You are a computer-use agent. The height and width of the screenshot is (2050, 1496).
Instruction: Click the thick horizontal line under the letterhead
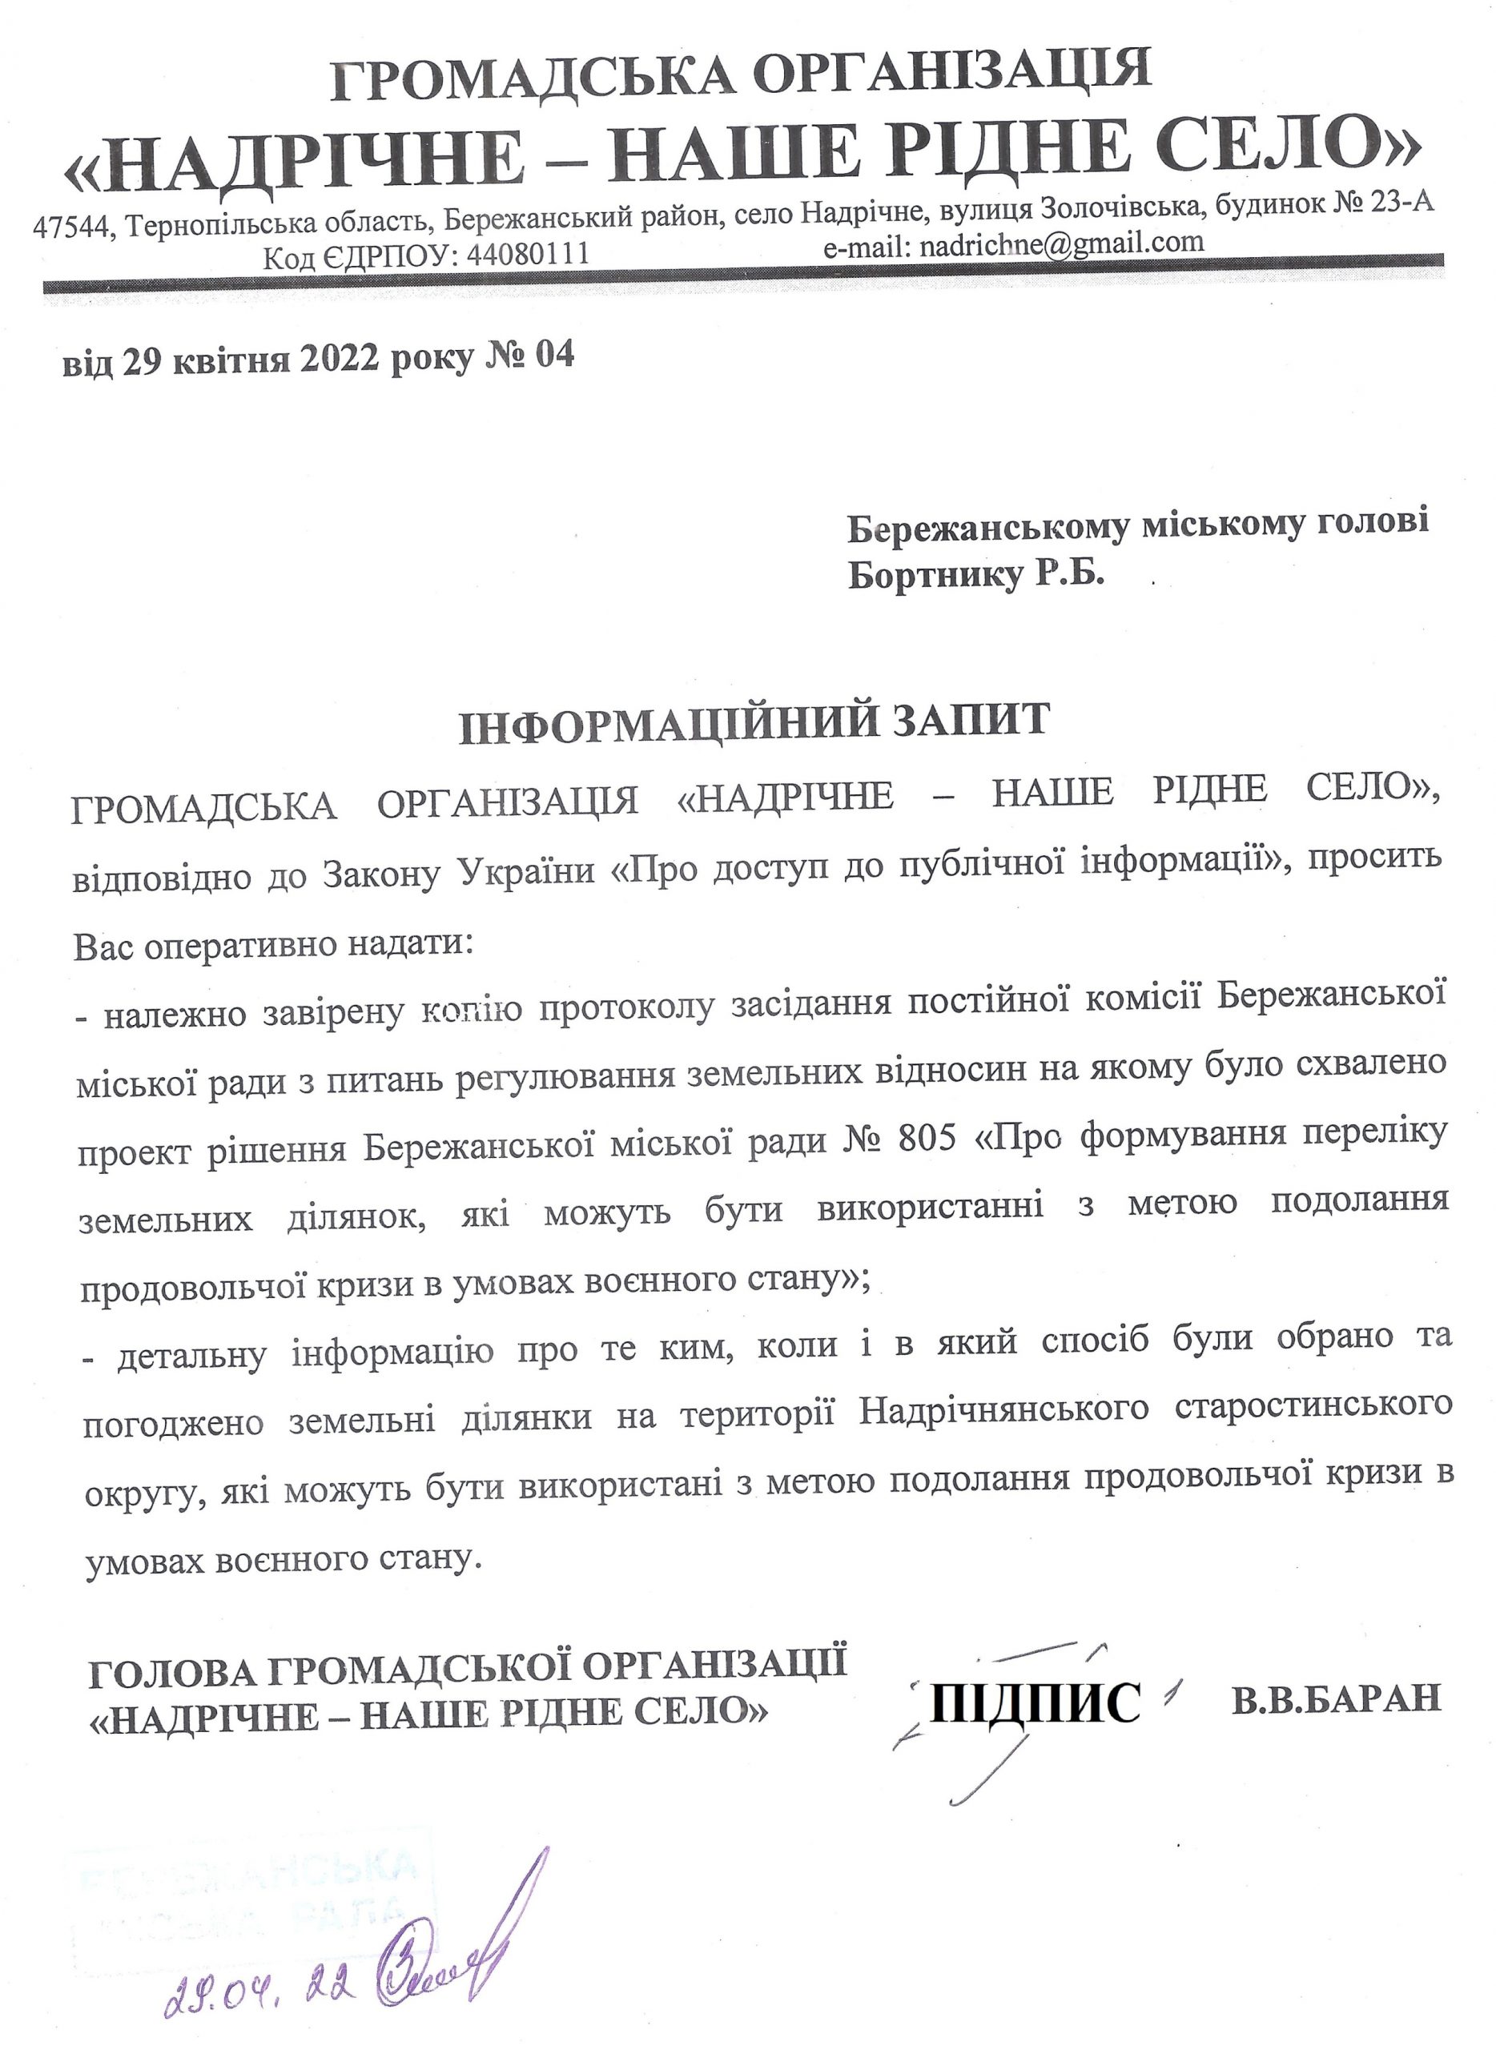pyautogui.click(x=742, y=273)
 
